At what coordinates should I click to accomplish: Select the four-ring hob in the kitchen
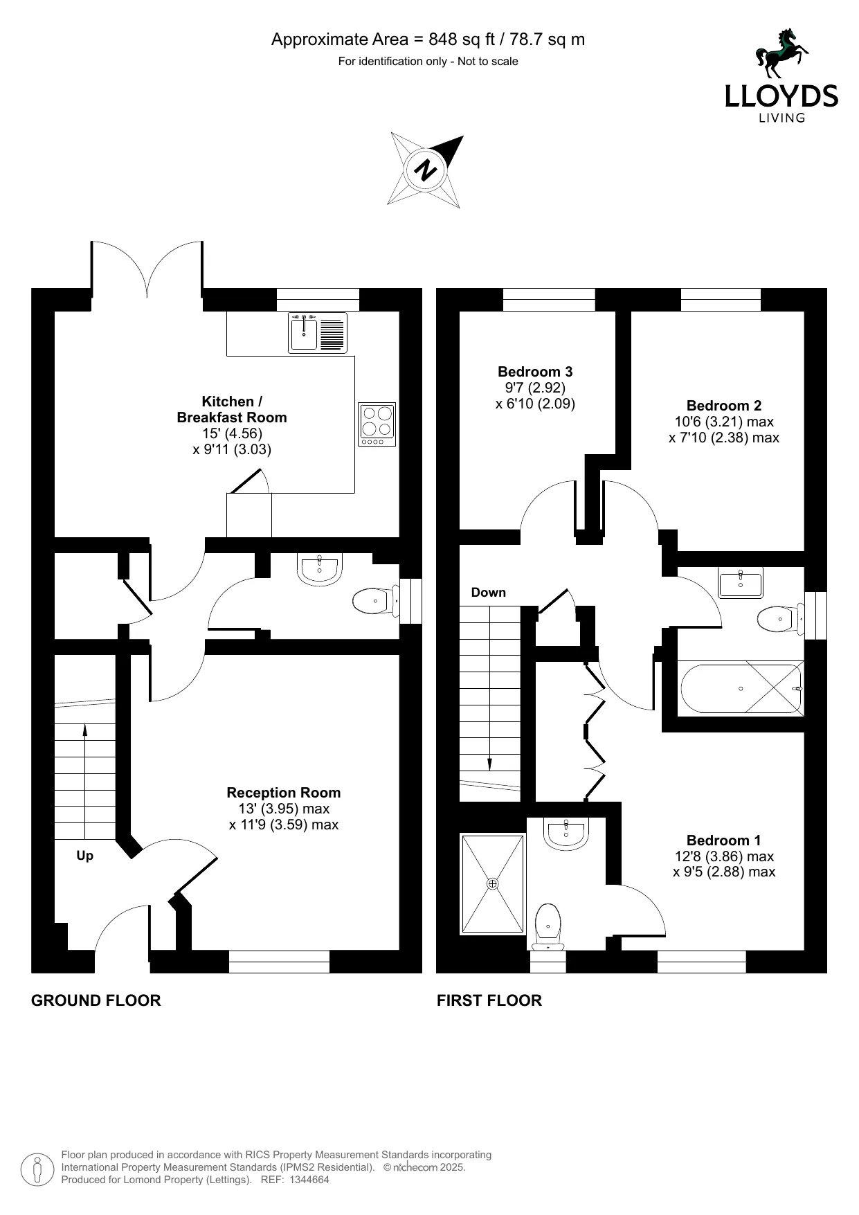coord(377,424)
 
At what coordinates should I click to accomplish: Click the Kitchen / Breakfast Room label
coord(232,409)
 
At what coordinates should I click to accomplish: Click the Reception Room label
coord(284,793)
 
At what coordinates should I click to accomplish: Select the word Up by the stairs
coord(84,856)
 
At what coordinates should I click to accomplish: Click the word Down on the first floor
coord(489,593)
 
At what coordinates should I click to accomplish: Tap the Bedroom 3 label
coord(535,372)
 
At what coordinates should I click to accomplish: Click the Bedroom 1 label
coord(724,840)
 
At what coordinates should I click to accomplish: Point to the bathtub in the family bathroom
coord(741,689)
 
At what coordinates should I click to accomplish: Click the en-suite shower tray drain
coord(493,884)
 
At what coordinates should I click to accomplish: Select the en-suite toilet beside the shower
coord(548,926)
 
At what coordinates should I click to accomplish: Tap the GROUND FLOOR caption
coord(96,1000)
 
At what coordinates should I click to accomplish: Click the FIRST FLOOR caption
coord(489,1000)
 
